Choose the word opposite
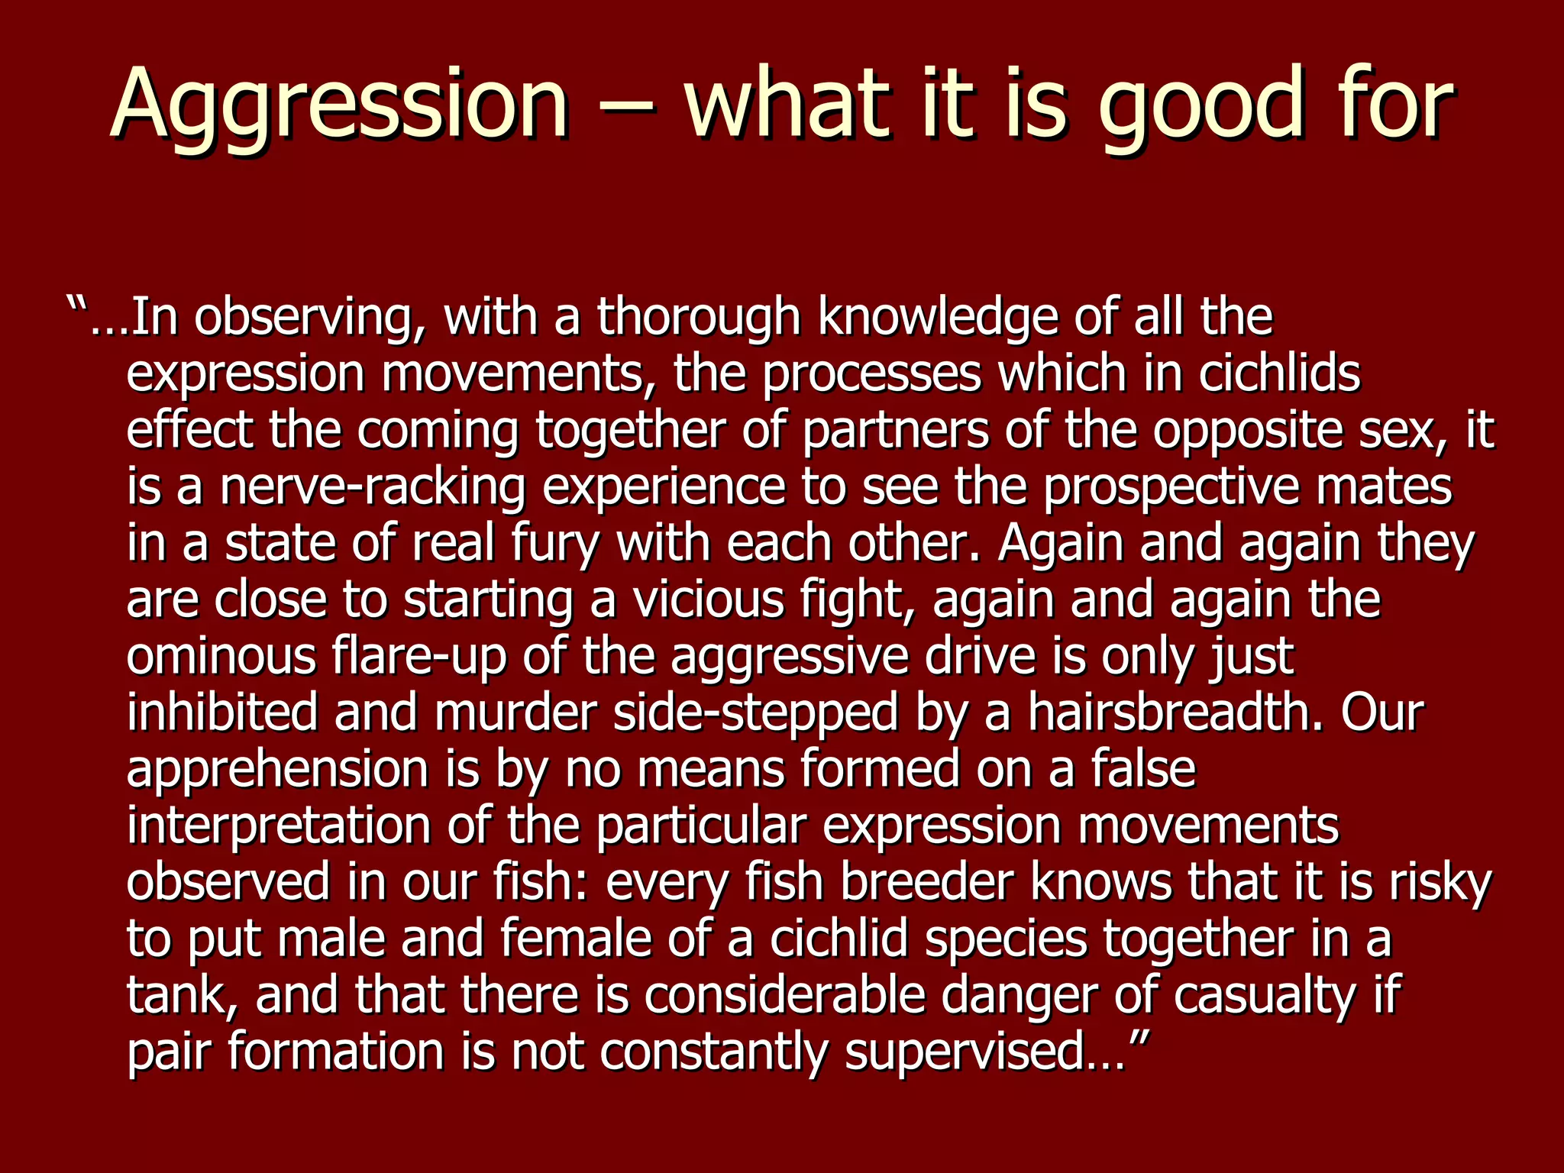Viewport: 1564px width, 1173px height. pos(1248,431)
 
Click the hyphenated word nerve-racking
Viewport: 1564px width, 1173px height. pos(373,487)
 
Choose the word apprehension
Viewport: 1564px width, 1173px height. pos(277,770)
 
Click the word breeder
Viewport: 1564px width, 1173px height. pos(927,882)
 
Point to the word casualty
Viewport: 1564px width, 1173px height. pos(1265,996)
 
